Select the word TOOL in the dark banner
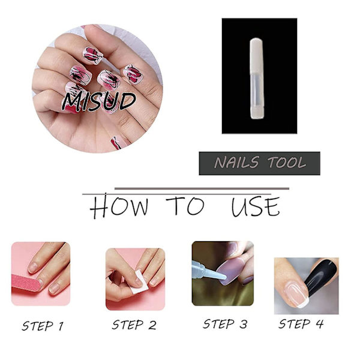[x=287, y=163]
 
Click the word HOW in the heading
[x=119, y=206]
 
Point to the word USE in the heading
[x=256, y=206]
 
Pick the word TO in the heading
[x=185, y=206]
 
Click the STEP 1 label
[x=43, y=326]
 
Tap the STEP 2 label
[x=134, y=325]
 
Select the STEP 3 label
[x=225, y=324]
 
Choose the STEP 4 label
[x=301, y=324]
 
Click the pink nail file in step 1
[x=26, y=283]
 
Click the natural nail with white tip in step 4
[x=296, y=295]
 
